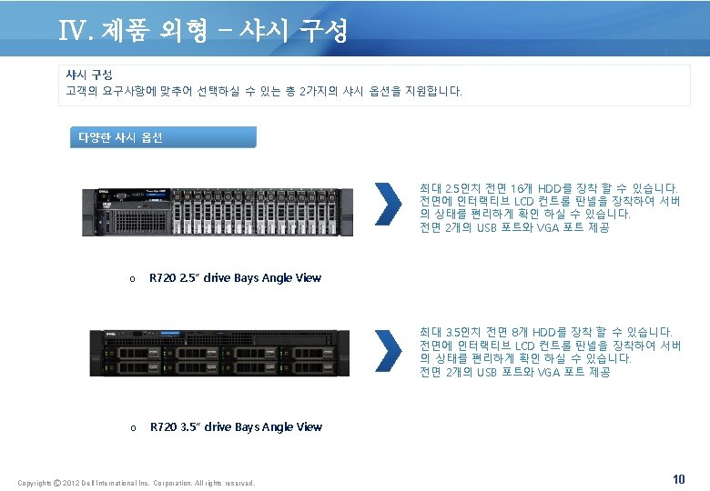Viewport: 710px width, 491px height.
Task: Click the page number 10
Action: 678,478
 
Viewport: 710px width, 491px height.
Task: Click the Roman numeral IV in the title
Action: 72,33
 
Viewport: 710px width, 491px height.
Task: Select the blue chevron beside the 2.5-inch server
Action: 388,204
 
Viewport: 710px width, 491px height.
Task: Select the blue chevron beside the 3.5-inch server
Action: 388,352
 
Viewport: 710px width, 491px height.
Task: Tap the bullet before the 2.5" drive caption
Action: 132,279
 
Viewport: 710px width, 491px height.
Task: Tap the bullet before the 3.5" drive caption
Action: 132,427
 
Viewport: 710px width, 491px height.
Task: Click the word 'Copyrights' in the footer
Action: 35,482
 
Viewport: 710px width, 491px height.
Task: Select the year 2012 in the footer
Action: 76,482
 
